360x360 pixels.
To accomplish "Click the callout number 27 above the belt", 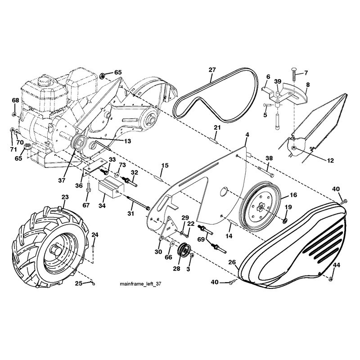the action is click(212, 70).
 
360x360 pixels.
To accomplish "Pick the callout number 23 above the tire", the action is click(65, 197).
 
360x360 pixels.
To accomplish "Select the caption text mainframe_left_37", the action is click(140, 284).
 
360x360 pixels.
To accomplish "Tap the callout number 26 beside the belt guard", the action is click(232, 262).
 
